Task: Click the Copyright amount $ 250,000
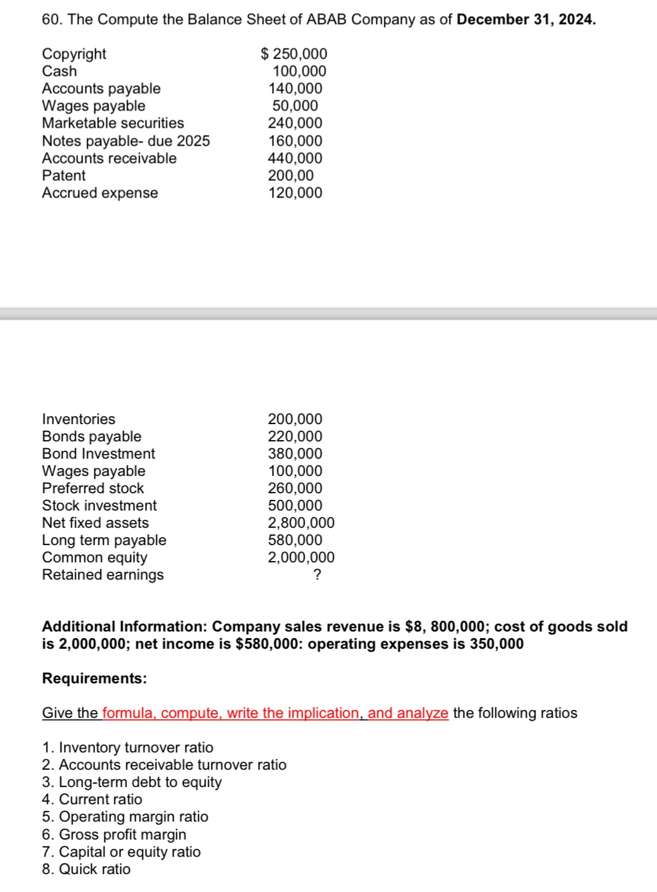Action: (x=294, y=54)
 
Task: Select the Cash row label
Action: (x=59, y=71)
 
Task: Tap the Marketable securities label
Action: (x=113, y=123)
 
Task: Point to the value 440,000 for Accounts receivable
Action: (x=295, y=158)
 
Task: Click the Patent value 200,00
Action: (x=291, y=175)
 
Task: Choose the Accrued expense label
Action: (x=100, y=193)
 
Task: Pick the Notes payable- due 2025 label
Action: (x=126, y=141)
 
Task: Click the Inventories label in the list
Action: (x=78, y=419)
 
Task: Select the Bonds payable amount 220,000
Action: (x=295, y=436)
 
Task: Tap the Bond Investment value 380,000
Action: (x=295, y=453)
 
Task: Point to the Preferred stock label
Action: (x=92, y=488)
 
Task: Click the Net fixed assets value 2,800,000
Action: (x=301, y=522)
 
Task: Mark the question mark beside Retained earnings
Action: (x=317, y=575)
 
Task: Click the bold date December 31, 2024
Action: (x=526, y=19)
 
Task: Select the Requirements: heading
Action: (x=94, y=679)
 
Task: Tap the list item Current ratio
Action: (x=100, y=799)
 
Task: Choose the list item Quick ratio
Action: (x=94, y=869)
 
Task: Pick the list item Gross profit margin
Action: (x=122, y=834)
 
